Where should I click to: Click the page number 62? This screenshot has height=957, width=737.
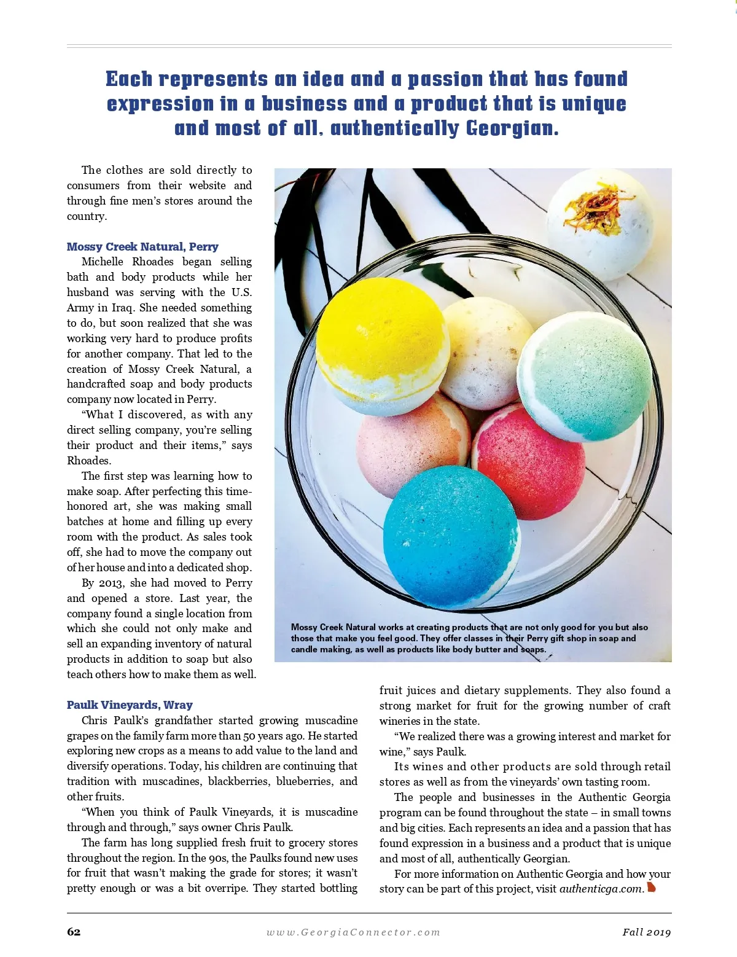74,932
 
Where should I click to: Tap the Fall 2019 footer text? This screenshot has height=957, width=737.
646,932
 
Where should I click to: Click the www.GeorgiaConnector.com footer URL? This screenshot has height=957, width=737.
353,932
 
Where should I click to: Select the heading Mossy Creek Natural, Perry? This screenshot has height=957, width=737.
142,246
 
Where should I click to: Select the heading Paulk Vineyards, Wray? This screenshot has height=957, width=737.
130,705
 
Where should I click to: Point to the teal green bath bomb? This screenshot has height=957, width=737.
583,375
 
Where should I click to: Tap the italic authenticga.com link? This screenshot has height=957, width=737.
601,889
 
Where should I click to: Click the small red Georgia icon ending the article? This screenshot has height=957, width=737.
652,888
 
